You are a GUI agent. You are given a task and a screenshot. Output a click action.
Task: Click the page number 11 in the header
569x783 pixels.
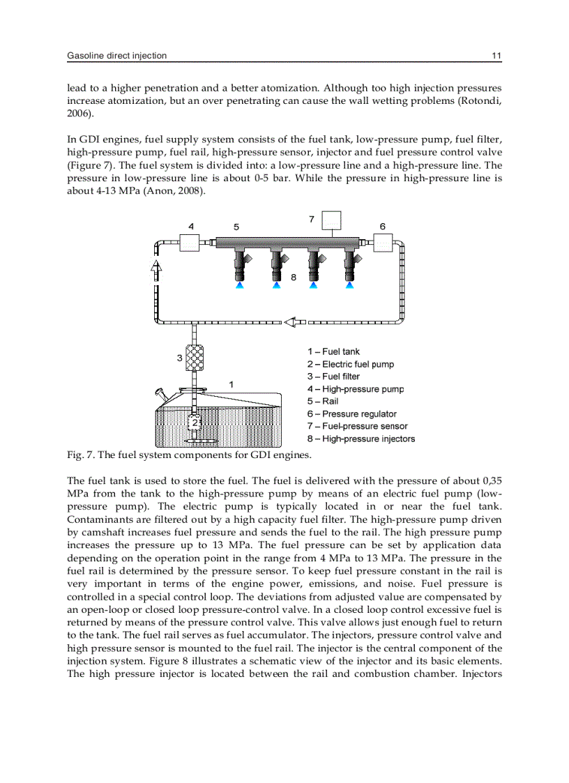point(496,56)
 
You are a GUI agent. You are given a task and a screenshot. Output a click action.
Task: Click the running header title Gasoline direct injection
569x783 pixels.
point(116,56)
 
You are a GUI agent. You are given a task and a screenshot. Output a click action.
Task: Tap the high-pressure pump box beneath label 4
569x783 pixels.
point(190,243)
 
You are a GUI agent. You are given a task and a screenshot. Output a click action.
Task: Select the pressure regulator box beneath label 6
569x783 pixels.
point(383,243)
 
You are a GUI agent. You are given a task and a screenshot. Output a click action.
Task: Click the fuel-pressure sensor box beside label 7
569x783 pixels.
point(331,220)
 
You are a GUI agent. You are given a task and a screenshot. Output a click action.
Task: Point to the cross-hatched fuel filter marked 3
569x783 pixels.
point(194,358)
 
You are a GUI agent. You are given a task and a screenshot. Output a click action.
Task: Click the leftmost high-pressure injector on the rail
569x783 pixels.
point(241,265)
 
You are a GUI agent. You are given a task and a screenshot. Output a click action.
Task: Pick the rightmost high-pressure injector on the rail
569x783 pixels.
point(351,265)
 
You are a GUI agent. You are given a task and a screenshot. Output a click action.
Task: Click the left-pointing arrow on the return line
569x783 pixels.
point(295,322)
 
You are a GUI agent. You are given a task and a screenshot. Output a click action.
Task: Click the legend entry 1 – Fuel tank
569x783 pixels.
point(333,352)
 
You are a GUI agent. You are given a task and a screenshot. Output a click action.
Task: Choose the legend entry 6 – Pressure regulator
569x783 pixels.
point(351,414)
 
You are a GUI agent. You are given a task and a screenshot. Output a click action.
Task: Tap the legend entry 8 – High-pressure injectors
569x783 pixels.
point(361,439)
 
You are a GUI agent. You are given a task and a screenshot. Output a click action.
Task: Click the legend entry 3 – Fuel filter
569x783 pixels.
point(333,377)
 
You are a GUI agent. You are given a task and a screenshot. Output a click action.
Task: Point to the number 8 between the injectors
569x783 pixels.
point(294,277)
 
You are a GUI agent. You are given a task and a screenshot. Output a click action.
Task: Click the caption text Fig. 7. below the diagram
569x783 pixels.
point(81,455)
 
